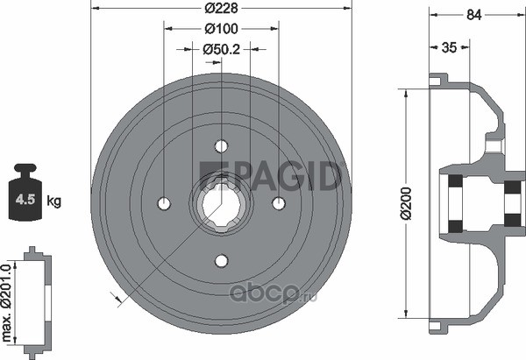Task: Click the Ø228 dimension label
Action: [222, 8]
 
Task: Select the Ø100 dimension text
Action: [222, 29]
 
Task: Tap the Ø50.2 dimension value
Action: [222, 50]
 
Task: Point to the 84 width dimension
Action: [474, 15]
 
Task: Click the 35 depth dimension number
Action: [449, 47]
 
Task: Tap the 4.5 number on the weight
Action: [25, 200]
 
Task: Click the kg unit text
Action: [53, 201]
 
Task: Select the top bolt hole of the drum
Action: [222, 146]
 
